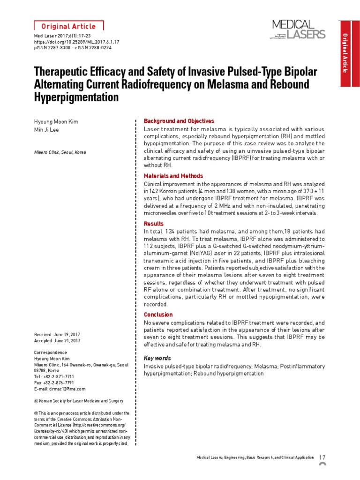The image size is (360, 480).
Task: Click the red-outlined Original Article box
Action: [69, 26]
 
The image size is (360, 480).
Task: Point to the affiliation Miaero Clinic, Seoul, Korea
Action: [60, 152]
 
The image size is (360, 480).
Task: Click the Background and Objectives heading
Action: [179, 121]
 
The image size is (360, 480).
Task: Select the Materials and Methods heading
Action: [173, 176]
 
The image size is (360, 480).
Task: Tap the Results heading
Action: [153, 224]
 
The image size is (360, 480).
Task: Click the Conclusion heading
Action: [158, 315]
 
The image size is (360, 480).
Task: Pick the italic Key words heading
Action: [157, 358]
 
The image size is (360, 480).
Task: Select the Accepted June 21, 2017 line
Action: [57, 340]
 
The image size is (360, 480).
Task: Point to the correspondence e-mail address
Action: [60, 389]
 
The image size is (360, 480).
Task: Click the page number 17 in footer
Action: [322, 457]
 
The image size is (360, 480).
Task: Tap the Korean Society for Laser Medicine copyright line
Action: [79, 401]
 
